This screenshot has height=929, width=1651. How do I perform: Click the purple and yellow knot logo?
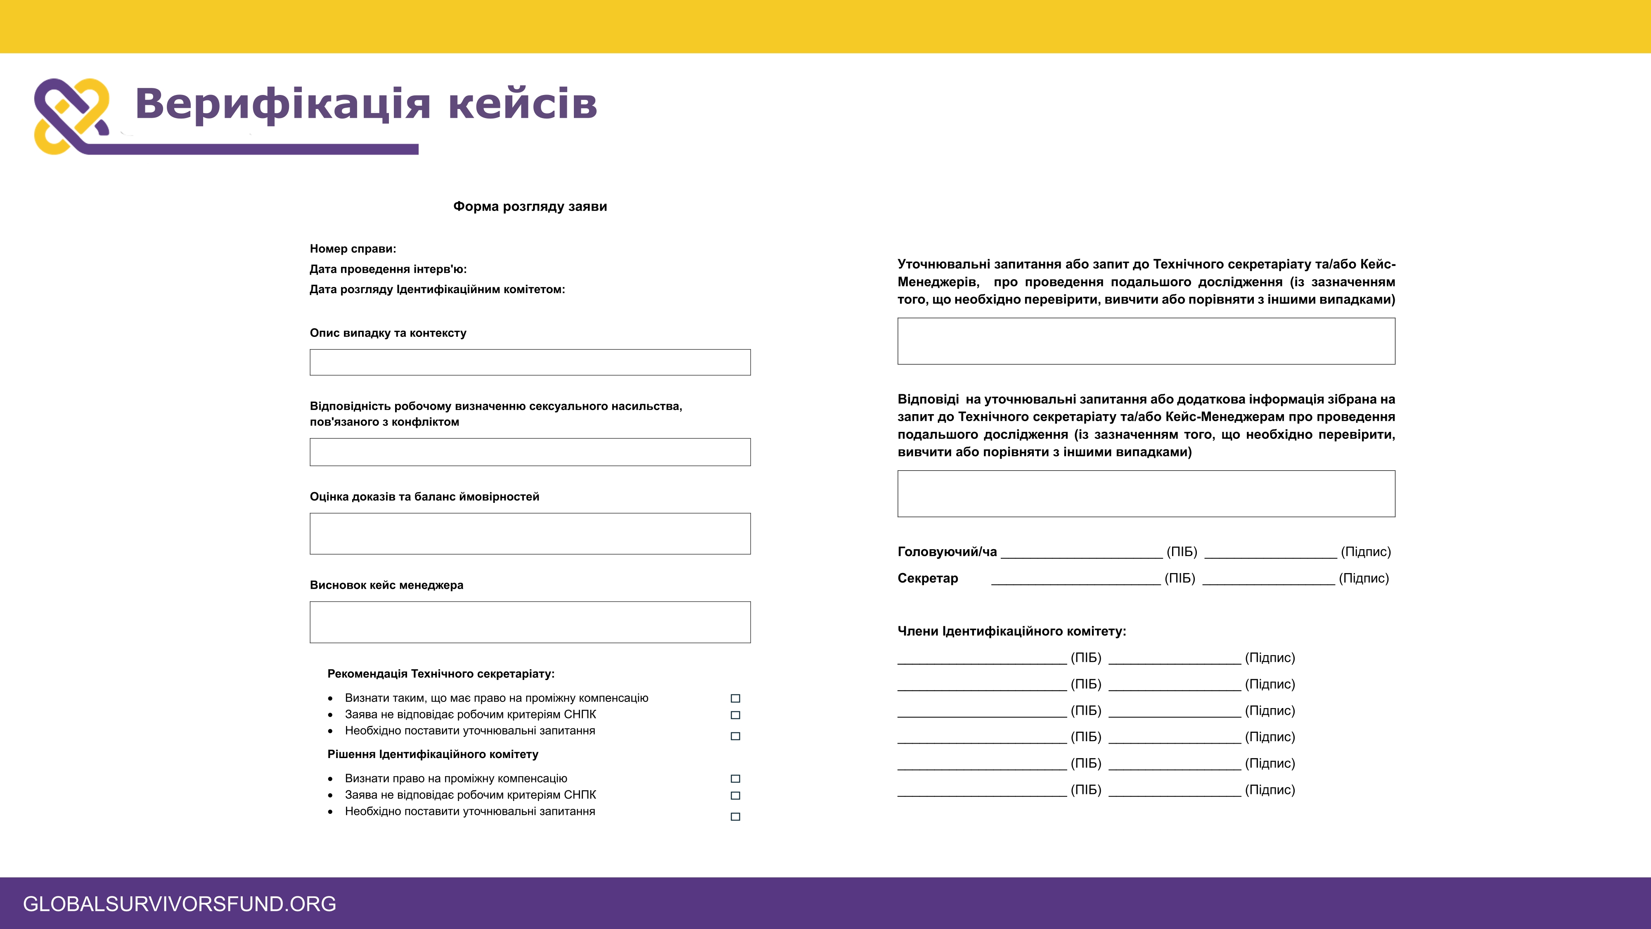(x=72, y=116)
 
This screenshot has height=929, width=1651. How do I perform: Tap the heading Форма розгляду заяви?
(x=530, y=206)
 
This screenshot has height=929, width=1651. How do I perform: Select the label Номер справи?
(x=353, y=249)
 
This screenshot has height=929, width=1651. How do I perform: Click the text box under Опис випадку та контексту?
(x=530, y=362)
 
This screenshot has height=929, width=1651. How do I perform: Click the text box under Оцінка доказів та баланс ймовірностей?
(x=530, y=533)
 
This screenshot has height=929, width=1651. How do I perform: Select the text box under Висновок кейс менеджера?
(x=530, y=622)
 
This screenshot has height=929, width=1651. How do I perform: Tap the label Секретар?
(x=927, y=578)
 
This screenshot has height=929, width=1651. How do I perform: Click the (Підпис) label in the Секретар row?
(x=1364, y=578)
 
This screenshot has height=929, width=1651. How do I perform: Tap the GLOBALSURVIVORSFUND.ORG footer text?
(x=180, y=904)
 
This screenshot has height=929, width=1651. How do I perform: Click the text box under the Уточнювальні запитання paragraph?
(x=1146, y=341)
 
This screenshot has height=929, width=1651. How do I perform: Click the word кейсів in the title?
(x=522, y=104)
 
